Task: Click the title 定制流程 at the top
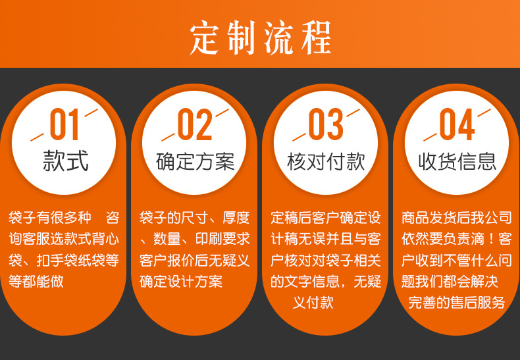coord(260,36)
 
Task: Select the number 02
coord(195,126)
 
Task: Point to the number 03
coord(326,126)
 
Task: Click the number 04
coord(457,126)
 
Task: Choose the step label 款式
coord(65,161)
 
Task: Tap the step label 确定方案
coord(195,161)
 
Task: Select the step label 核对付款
coord(326,161)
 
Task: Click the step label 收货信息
coord(457,161)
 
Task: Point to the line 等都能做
coord(36,281)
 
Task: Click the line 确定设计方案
coord(180,281)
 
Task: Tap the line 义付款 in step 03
coord(313,303)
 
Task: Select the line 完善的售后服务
coord(456,303)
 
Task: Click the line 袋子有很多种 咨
coord(64,217)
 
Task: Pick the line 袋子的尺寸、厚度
coord(195,217)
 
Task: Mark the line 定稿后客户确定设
coord(326,217)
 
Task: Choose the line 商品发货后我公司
coord(456,217)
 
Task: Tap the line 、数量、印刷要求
coord(195,238)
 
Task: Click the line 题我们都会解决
coord(450,281)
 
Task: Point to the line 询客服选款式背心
coord(64,238)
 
